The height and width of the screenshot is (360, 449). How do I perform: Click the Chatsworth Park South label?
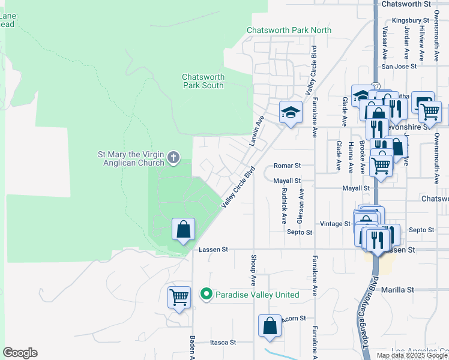click(x=203, y=81)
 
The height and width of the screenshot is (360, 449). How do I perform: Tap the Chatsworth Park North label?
click(x=289, y=30)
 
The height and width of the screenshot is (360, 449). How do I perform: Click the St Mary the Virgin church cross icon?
click(x=173, y=158)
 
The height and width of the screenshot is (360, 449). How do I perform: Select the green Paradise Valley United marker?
click(x=206, y=295)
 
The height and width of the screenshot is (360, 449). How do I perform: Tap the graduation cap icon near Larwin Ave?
click(x=290, y=112)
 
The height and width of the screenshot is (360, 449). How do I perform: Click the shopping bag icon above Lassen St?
click(x=183, y=229)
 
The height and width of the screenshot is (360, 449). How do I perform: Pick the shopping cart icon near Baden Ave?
click(x=179, y=296)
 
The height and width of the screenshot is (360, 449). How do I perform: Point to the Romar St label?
click(x=286, y=165)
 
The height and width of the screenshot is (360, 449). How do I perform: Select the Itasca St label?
click(x=223, y=343)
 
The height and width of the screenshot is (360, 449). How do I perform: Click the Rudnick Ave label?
click(x=283, y=205)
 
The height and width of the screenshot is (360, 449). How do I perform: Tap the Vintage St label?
click(x=334, y=223)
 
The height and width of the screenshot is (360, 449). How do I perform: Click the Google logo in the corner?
click(x=20, y=353)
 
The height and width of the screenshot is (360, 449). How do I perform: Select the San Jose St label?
click(x=399, y=67)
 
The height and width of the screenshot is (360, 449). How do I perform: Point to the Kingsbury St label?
click(x=412, y=20)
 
